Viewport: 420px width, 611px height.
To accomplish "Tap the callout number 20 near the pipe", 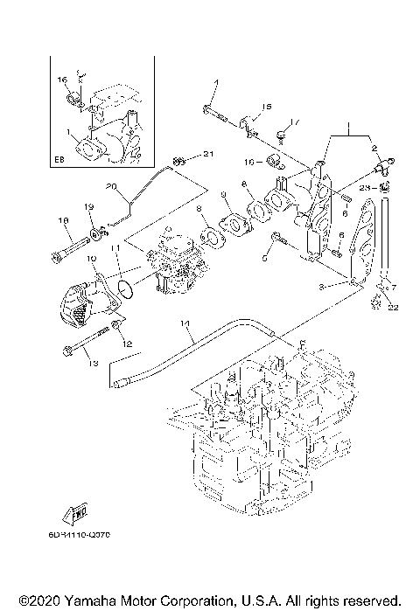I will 111,185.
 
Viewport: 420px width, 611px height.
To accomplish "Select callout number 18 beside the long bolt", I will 63,220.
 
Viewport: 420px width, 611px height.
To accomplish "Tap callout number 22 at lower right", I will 393,307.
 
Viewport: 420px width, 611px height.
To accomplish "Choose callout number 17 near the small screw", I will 296,122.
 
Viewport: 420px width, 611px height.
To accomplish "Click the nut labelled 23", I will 385,187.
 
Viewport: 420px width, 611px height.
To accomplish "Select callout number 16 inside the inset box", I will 62,80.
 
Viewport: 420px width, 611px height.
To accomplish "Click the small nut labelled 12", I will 115,330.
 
